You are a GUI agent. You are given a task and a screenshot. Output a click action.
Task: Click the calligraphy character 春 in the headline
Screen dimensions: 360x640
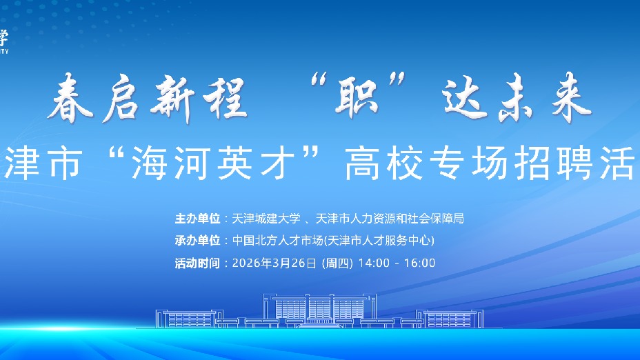(77, 101)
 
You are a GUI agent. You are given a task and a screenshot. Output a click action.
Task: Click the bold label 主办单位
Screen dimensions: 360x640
(198, 219)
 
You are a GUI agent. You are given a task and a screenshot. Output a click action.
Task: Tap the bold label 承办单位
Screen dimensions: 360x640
(198, 241)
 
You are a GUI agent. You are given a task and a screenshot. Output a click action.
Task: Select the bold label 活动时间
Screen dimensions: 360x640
(198, 263)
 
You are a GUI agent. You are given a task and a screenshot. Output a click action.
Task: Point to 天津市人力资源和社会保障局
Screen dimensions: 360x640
(390, 219)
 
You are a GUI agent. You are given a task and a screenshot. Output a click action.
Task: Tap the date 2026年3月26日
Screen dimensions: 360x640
(274, 263)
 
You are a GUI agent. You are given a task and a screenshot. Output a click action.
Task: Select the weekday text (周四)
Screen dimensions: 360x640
(337, 263)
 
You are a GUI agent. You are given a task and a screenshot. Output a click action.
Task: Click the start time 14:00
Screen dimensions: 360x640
(374, 263)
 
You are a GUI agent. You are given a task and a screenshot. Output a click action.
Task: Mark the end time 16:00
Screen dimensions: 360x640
(420, 263)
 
